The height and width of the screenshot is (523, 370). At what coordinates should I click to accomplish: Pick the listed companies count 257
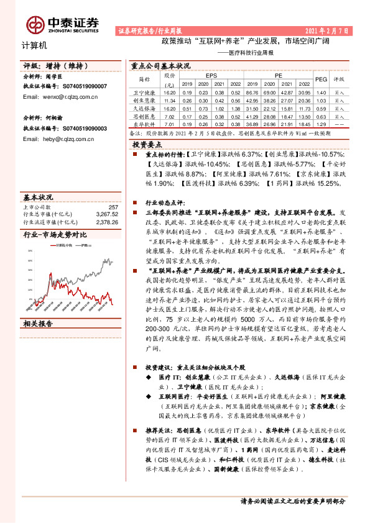click(x=113, y=207)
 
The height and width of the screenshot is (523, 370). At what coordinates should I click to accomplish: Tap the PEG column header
click(x=321, y=80)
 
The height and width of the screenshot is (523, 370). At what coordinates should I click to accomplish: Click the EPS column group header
click(x=210, y=76)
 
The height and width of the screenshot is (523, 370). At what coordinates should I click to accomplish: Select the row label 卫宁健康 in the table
click(x=144, y=92)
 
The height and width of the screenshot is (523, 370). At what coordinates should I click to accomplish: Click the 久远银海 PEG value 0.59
click(x=321, y=107)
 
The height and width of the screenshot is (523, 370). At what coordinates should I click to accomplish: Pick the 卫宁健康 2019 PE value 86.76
click(x=254, y=92)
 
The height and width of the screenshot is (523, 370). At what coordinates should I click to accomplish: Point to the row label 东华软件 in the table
click(x=144, y=123)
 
